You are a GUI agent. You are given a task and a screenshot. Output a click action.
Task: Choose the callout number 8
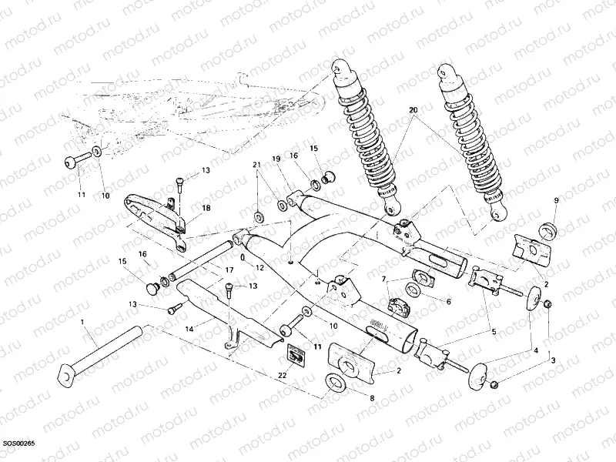pos(448,302)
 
